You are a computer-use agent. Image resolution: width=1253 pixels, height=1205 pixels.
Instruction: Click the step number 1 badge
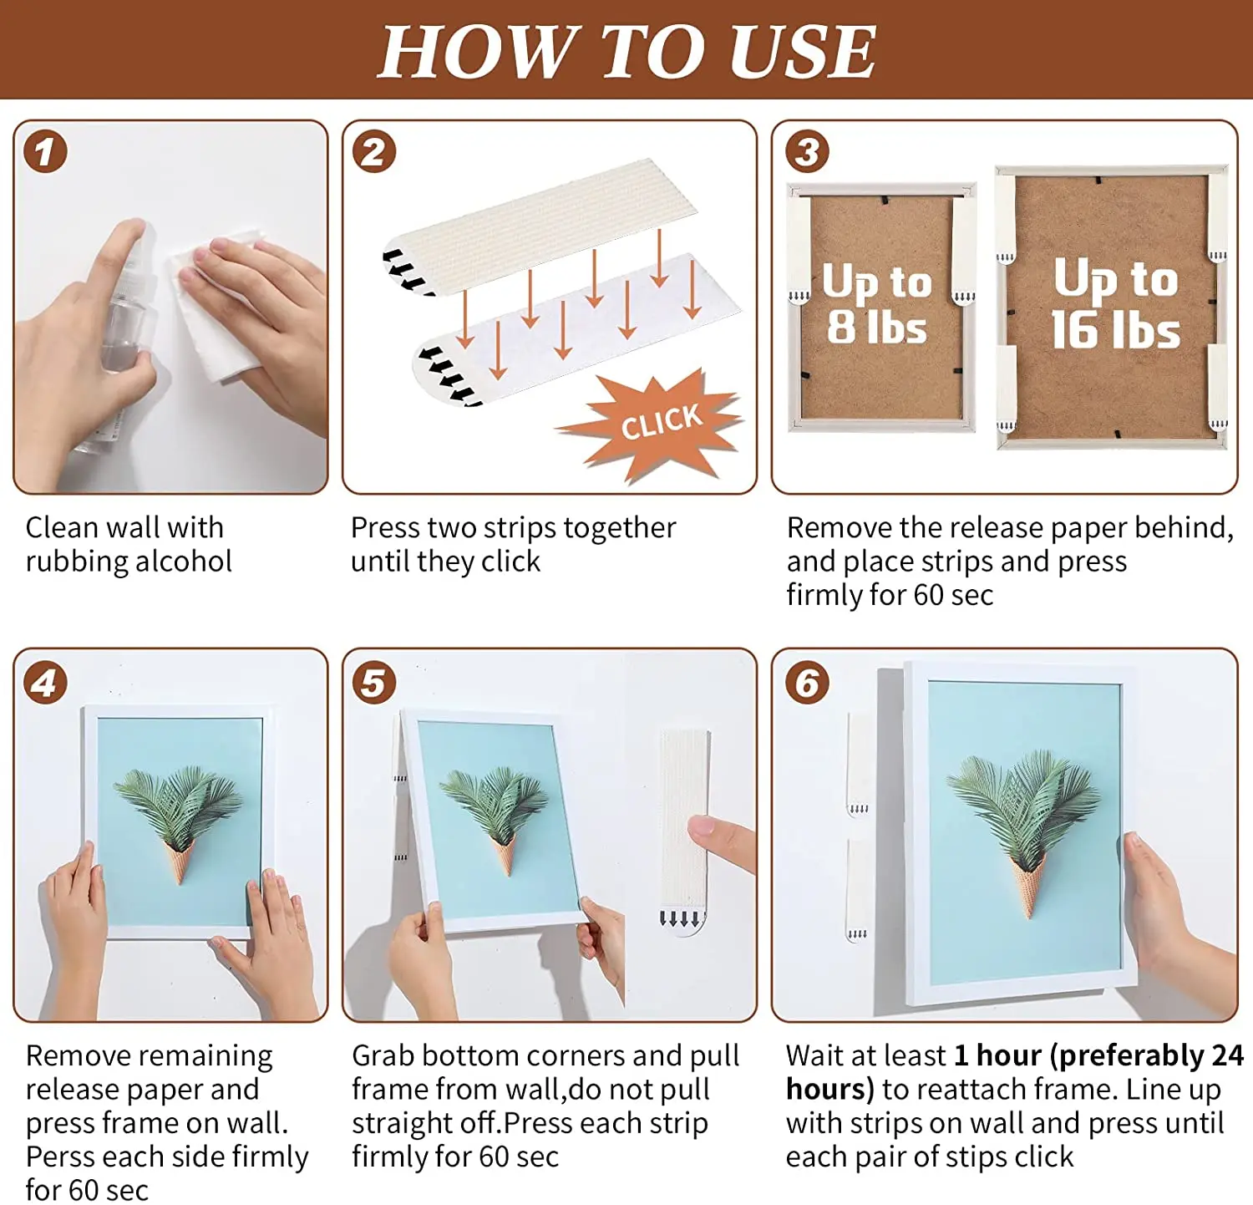[x=45, y=152]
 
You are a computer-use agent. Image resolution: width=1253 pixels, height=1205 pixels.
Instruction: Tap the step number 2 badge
[x=373, y=152]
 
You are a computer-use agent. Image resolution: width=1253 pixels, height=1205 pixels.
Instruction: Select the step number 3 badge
[x=807, y=152]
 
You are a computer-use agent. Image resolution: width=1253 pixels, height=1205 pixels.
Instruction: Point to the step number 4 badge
[x=45, y=683]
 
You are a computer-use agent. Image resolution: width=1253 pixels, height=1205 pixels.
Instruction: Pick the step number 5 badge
[x=373, y=683]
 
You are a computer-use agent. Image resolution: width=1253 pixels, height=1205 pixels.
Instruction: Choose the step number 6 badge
[x=807, y=683]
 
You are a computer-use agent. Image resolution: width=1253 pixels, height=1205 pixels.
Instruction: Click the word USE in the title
[x=802, y=51]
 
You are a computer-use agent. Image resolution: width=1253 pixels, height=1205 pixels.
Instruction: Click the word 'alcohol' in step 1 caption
[x=183, y=561]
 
